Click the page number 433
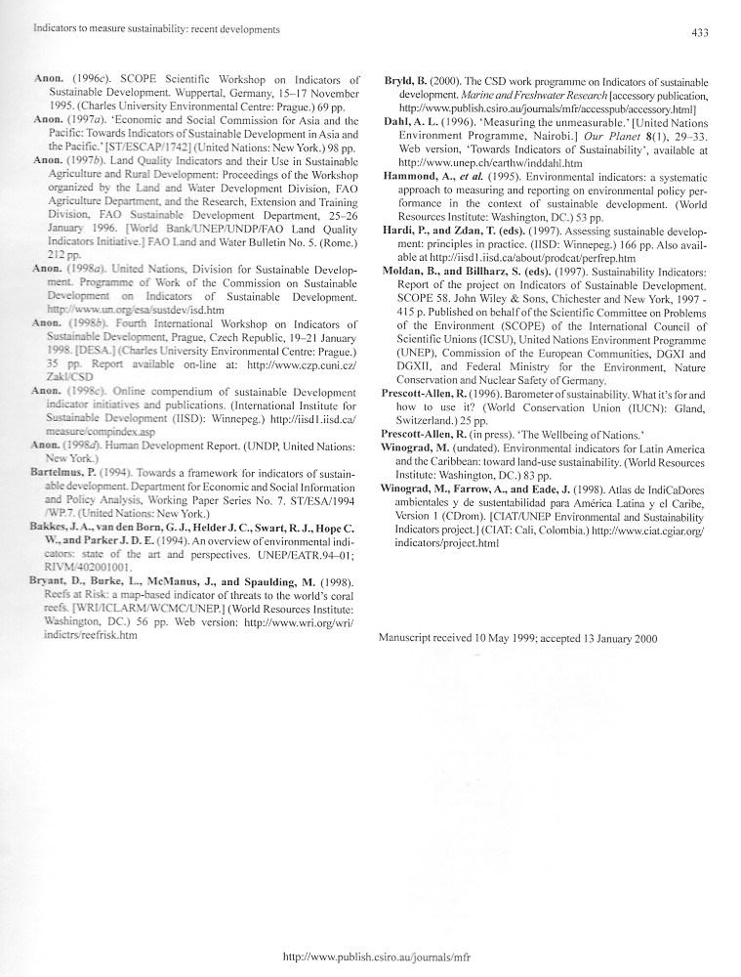[699, 32]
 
